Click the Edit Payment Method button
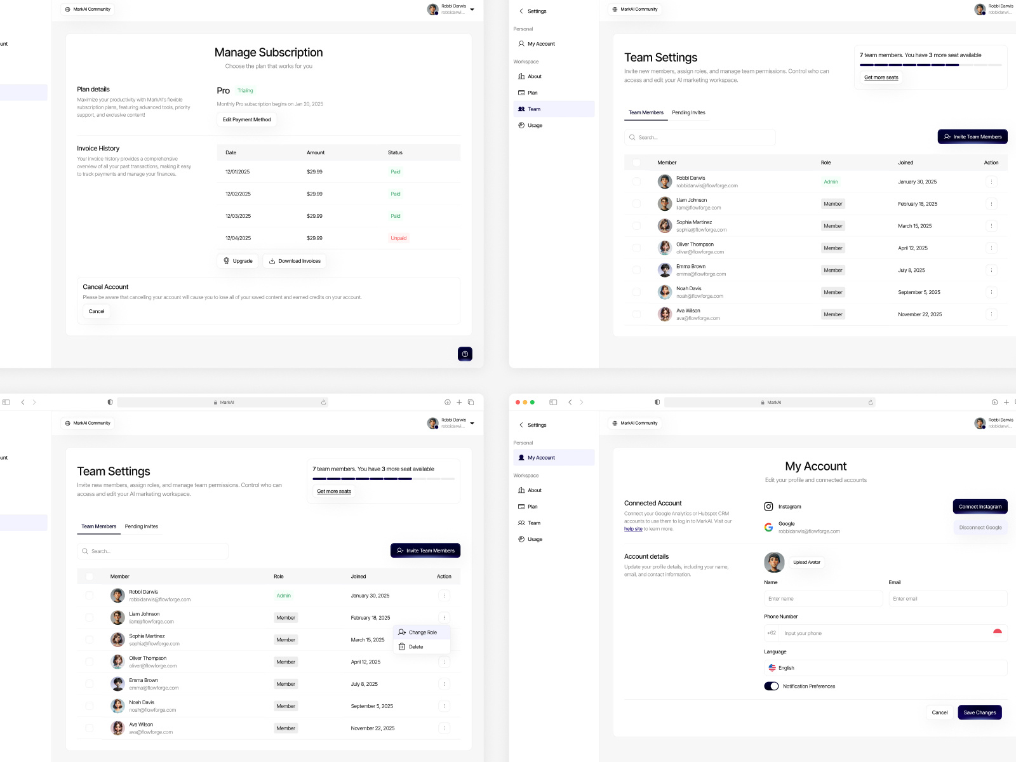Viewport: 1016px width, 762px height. (246, 119)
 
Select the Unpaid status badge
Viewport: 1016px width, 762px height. (398, 238)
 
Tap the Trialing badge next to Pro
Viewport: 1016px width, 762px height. (245, 91)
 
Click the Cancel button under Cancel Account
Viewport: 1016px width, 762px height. (97, 311)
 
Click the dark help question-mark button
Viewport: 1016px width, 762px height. (465, 354)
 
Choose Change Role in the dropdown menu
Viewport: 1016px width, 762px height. (422, 632)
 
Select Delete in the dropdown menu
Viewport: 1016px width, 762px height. (415, 647)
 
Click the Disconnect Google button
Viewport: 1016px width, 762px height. (980, 528)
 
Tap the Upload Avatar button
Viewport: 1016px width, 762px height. (806, 562)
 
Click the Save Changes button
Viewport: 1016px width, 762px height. (979, 712)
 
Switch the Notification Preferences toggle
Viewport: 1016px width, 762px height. (772, 686)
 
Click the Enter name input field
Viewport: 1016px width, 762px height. (823, 599)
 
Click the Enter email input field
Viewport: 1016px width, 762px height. (947, 599)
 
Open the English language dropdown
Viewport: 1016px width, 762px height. (885, 668)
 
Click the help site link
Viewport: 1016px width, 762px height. (632, 529)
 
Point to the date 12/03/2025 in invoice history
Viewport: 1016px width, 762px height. (238, 216)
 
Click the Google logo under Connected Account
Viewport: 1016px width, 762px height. (768, 527)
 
